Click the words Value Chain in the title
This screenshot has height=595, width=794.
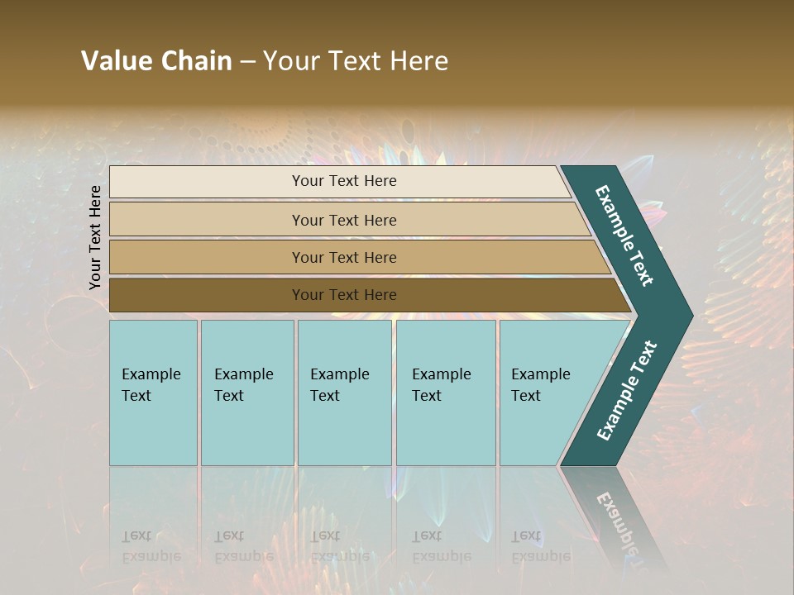point(156,61)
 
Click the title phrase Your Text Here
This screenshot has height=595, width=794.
point(356,61)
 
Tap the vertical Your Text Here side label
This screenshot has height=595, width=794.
point(96,237)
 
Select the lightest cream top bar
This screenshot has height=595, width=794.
point(207,182)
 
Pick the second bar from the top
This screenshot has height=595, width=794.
point(207,220)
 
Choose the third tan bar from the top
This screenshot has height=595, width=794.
point(207,257)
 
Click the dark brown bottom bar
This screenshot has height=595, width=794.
point(207,295)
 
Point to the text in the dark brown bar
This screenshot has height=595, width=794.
point(344,295)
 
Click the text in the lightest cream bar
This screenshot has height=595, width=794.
point(344,181)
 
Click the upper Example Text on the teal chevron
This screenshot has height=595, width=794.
point(624,236)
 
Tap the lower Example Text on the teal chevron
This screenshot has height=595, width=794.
point(626,391)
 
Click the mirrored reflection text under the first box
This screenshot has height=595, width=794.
point(151,546)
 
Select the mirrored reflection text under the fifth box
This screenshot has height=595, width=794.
point(540,546)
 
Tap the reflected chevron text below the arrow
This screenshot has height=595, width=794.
point(617,521)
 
